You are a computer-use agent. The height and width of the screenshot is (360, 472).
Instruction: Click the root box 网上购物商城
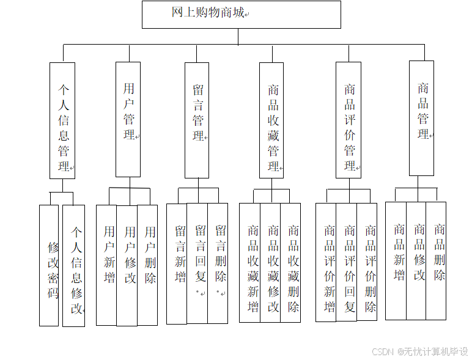[x=241, y=14]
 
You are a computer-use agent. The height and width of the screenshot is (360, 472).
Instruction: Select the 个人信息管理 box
[x=62, y=120]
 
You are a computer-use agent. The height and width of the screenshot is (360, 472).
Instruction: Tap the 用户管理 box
[x=128, y=119]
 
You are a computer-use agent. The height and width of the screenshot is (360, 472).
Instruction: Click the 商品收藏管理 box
[x=271, y=120]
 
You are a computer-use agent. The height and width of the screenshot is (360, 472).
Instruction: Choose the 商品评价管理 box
[x=348, y=120]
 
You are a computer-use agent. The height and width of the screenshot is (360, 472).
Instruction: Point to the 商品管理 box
[x=421, y=117]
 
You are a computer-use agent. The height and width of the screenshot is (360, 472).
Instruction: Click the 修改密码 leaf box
[x=49, y=265]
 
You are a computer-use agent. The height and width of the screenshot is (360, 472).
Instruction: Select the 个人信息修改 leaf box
[x=74, y=265]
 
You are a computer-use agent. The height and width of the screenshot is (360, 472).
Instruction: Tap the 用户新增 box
[x=106, y=265]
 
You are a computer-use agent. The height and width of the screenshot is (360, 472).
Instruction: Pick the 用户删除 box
[x=147, y=265]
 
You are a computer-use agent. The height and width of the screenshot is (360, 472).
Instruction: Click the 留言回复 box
[x=197, y=263]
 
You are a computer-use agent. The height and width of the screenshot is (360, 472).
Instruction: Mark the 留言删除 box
[x=218, y=263]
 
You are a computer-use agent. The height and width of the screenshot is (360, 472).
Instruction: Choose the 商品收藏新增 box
[x=249, y=263]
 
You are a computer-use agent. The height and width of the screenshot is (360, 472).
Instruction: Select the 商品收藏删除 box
[x=291, y=263]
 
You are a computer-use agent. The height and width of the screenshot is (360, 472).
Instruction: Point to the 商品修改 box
[x=416, y=260]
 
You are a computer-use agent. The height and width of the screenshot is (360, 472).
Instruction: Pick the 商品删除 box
[x=437, y=260]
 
